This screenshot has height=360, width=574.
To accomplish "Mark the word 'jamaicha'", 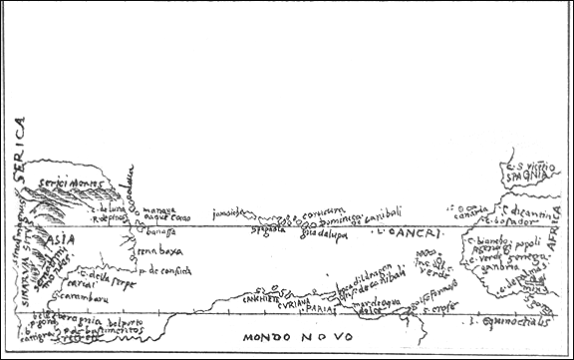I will tap(229, 213).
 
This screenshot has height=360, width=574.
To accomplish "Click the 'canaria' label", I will tap(471, 211).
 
